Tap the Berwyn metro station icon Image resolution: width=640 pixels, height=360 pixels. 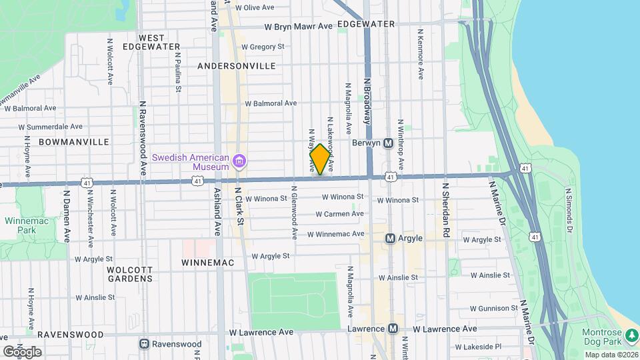[x=388, y=143]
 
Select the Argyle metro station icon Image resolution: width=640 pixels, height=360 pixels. [x=391, y=238]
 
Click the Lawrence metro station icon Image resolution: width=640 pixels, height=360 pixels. [x=393, y=329]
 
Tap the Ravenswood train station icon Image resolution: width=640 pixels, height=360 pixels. [x=144, y=344]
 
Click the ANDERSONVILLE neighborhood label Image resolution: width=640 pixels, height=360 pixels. [x=237, y=66]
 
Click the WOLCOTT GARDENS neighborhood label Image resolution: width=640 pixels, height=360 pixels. [x=130, y=274]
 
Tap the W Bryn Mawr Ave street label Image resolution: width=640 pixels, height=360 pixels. [x=298, y=27]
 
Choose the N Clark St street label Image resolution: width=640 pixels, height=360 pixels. [x=240, y=207]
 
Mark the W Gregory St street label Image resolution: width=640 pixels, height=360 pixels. [x=263, y=47]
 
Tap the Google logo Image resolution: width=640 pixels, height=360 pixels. [x=21, y=351]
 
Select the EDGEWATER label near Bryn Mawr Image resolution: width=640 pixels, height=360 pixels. [x=366, y=24]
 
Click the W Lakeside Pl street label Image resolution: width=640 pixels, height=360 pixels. [x=478, y=347]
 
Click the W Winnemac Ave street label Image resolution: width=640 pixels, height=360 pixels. [x=336, y=234]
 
